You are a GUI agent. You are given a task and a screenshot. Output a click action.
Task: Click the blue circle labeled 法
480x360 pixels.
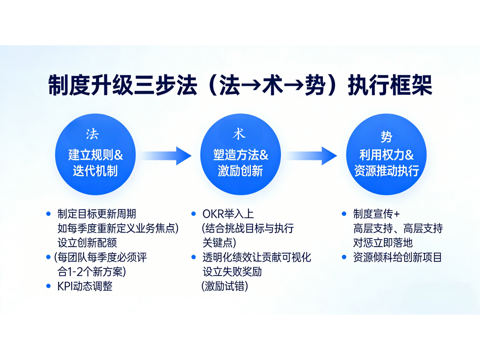[95, 154]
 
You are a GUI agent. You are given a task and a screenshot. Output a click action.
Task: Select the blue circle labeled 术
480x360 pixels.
[240, 154]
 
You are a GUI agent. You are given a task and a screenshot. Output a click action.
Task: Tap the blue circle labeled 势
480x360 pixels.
[386, 154]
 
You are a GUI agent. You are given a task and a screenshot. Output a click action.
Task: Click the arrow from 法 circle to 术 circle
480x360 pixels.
[166, 156]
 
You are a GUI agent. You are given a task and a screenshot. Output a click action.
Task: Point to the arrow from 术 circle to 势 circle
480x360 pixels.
[312, 156]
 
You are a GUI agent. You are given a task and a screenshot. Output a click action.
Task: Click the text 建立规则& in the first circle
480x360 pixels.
[95, 155]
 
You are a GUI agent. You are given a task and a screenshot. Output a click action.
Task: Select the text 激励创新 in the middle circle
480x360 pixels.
[240, 171]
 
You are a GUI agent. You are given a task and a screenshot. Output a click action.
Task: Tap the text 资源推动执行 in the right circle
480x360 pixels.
[386, 171]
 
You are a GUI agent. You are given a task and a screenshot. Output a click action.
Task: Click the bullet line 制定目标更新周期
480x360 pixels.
[97, 214]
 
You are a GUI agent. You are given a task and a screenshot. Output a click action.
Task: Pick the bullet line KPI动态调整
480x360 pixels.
[85, 286]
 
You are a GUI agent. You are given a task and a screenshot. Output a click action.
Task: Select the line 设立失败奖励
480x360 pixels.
[232, 272]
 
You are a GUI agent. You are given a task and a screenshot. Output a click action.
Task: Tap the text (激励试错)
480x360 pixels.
[225, 286]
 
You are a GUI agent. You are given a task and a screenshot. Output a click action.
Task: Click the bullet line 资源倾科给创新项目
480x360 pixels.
[397, 257]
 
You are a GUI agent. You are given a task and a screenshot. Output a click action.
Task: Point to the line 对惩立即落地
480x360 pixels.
[383, 243]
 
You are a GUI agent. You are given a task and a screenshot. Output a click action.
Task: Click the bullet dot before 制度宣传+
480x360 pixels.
[344, 214]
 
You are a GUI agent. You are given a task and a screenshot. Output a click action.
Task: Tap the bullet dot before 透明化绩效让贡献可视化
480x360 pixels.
[193, 257]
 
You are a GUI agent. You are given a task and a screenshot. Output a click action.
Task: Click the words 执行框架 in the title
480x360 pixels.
[390, 85]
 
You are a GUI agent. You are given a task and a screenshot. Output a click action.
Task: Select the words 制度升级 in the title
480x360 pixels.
[90, 85]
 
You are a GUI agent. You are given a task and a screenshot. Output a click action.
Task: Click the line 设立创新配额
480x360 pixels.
[87, 243]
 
